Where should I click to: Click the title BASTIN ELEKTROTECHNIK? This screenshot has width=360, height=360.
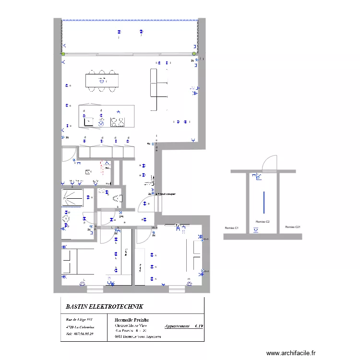[104, 306]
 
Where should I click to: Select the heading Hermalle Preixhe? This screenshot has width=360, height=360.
[132, 319]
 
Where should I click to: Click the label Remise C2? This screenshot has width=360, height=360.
[262, 221]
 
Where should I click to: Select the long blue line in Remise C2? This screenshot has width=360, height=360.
[263, 202]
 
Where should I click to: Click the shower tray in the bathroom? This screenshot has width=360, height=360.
[73, 197]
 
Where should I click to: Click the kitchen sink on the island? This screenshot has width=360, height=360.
[88, 122]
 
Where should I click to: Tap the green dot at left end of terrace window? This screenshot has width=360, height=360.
[62, 54]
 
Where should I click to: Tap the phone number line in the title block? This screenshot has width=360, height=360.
[79, 334]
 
